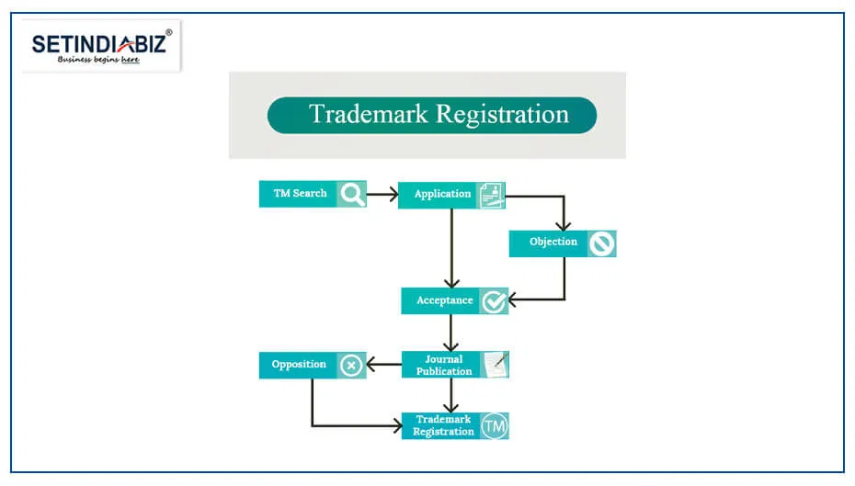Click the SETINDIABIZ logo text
(x=99, y=43)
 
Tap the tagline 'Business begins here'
(x=98, y=60)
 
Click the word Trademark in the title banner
(x=368, y=115)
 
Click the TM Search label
(x=300, y=194)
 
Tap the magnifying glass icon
(x=351, y=194)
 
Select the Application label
(x=442, y=195)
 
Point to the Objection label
(x=553, y=243)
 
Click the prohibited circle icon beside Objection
(x=602, y=243)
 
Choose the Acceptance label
(x=444, y=301)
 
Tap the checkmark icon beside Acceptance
(x=495, y=301)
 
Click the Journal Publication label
(x=444, y=365)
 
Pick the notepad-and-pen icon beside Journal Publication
(x=496, y=365)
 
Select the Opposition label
(x=299, y=365)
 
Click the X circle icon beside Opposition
(x=351, y=366)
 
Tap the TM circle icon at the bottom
(x=496, y=426)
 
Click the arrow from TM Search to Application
(x=382, y=194)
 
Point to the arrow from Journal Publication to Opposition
(x=384, y=365)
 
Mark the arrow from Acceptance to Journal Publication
(x=450, y=333)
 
